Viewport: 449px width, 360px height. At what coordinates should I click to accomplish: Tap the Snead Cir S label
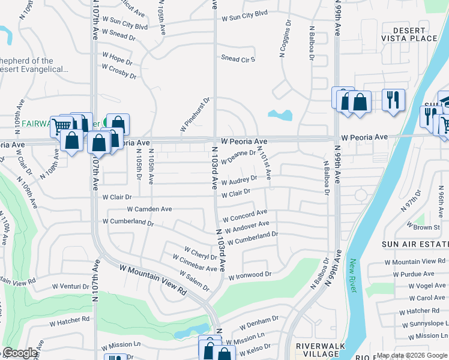click(x=238, y=59)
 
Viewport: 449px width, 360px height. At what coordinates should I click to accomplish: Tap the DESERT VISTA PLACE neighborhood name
click(x=415, y=34)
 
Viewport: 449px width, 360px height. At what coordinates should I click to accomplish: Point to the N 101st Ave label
click(x=264, y=164)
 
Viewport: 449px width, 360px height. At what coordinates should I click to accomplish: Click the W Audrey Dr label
click(x=239, y=180)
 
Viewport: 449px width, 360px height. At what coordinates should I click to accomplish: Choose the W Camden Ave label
click(x=149, y=209)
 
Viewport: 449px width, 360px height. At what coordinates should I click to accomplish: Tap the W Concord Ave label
click(x=245, y=215)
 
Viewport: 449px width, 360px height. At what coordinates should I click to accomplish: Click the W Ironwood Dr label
click(x=250, y=275)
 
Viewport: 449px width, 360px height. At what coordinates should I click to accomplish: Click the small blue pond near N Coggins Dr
click(x=281, y=114)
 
